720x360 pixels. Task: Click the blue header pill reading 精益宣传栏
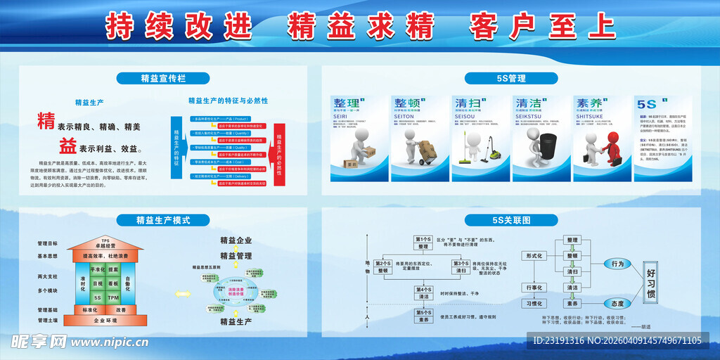pos(163,78)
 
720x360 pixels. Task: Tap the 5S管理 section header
pos(505,78)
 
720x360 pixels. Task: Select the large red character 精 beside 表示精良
pos(46,121)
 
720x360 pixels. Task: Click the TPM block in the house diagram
pos(113,297)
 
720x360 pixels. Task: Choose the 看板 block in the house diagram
pos(113,283)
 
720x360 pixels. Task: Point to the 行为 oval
pos(617,264)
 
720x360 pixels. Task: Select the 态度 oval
pos(617,303)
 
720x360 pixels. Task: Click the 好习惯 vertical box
pos(650,283)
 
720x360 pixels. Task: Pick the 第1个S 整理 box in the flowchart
pos(423,243)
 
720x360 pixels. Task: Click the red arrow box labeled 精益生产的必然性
pos(279,148)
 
